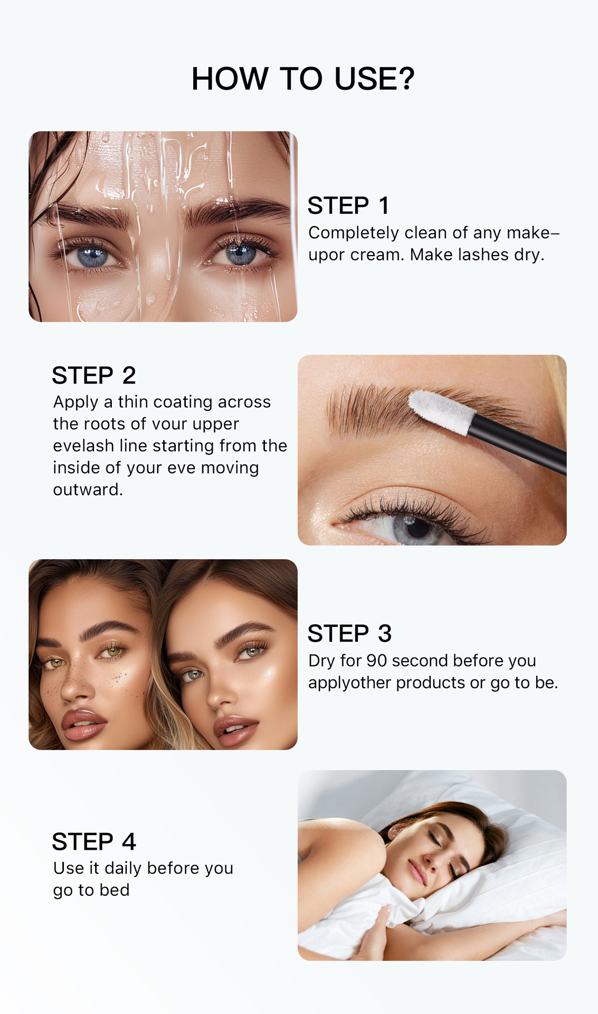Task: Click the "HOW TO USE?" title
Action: coord(303,79)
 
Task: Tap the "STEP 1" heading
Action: coord(348,205)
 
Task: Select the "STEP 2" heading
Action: coord(94,375)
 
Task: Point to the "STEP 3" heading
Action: coord(349,633)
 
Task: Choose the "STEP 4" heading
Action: coord(94,841)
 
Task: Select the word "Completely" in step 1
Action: coord(354,233)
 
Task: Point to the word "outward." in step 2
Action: coord(88,490)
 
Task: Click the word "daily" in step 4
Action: coord(123,868)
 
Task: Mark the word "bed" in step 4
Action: coord(115,890)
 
